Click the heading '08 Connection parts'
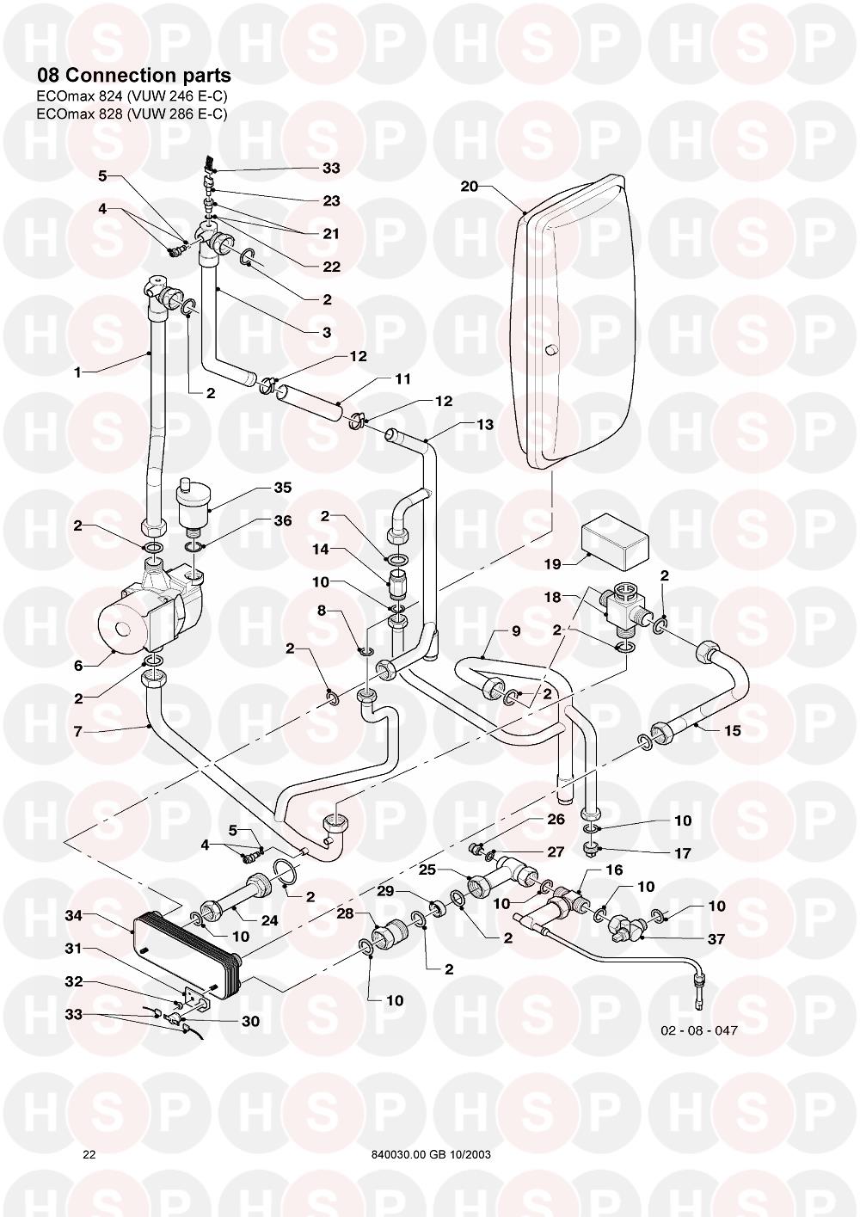click(x=127, y=75)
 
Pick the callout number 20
click(x=469, y=187)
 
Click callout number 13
click(x=485, y=424)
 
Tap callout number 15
click(x=733, y=731)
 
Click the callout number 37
click(x=716, y=939)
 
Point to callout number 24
click(x=269, y=920)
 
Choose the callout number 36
click(x=283, y=520)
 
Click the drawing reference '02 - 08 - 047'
click(x=699, y=1030)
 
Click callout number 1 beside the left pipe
click(x=77, y=372)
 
